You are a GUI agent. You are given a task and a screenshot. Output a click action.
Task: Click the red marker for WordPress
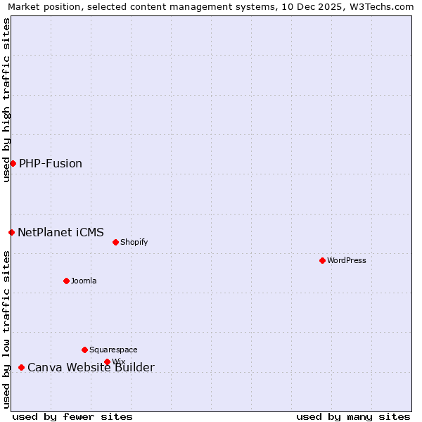pyautogui.click(x=322, y=260)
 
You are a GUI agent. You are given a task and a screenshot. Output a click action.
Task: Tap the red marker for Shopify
pyautogui.click(x=115, y=242)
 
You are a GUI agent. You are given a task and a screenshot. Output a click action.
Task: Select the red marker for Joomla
pyautogui.click(x=66, y=281)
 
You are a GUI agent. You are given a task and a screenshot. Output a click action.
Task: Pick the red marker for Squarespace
pyautogui.click(x=84, y=350)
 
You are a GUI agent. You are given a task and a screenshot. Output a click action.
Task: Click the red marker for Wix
pyautogui.click(x=107, y=362)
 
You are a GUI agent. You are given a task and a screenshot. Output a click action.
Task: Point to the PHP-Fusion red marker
pyautogui.click(x=13, y=163)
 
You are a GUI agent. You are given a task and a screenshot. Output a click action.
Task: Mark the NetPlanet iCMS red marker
pyautogui.click(x=11, y=232)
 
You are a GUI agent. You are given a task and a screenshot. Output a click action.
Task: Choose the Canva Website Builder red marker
pyautogui.click(x=21, y=367)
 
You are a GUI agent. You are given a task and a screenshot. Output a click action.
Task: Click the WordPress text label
pyautogui.click(x=346, y=260)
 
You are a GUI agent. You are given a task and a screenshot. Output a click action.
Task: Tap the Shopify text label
pyautogui.click(x=134, y=242)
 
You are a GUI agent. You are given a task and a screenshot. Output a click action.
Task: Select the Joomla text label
pyautogui.click(x=84, y=281)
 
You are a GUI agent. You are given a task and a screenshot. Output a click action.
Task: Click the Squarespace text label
pyautogui.click(x=113, y=350)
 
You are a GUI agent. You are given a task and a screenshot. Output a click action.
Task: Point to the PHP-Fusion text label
pyautogui.click(x=51, y=163)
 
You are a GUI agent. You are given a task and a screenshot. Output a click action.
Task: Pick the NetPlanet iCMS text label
pyautogui.click(x=60, y=232)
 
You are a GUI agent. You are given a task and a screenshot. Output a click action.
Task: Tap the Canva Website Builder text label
pyautogui.click(x=91, y=367)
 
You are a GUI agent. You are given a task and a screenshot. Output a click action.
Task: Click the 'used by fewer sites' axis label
pyautogui.click(x=72, y=416)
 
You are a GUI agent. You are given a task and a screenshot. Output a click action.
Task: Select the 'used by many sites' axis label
pyautogui.click(x=353, y=416)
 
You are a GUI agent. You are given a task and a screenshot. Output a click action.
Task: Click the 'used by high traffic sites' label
pyautogui.click(x=6, y=100)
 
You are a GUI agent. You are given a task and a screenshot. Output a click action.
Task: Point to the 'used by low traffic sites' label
pyautogui.click(x=6, y=329)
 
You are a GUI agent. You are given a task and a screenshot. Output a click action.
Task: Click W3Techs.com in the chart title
pyautogui.click(x=381, y=7)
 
